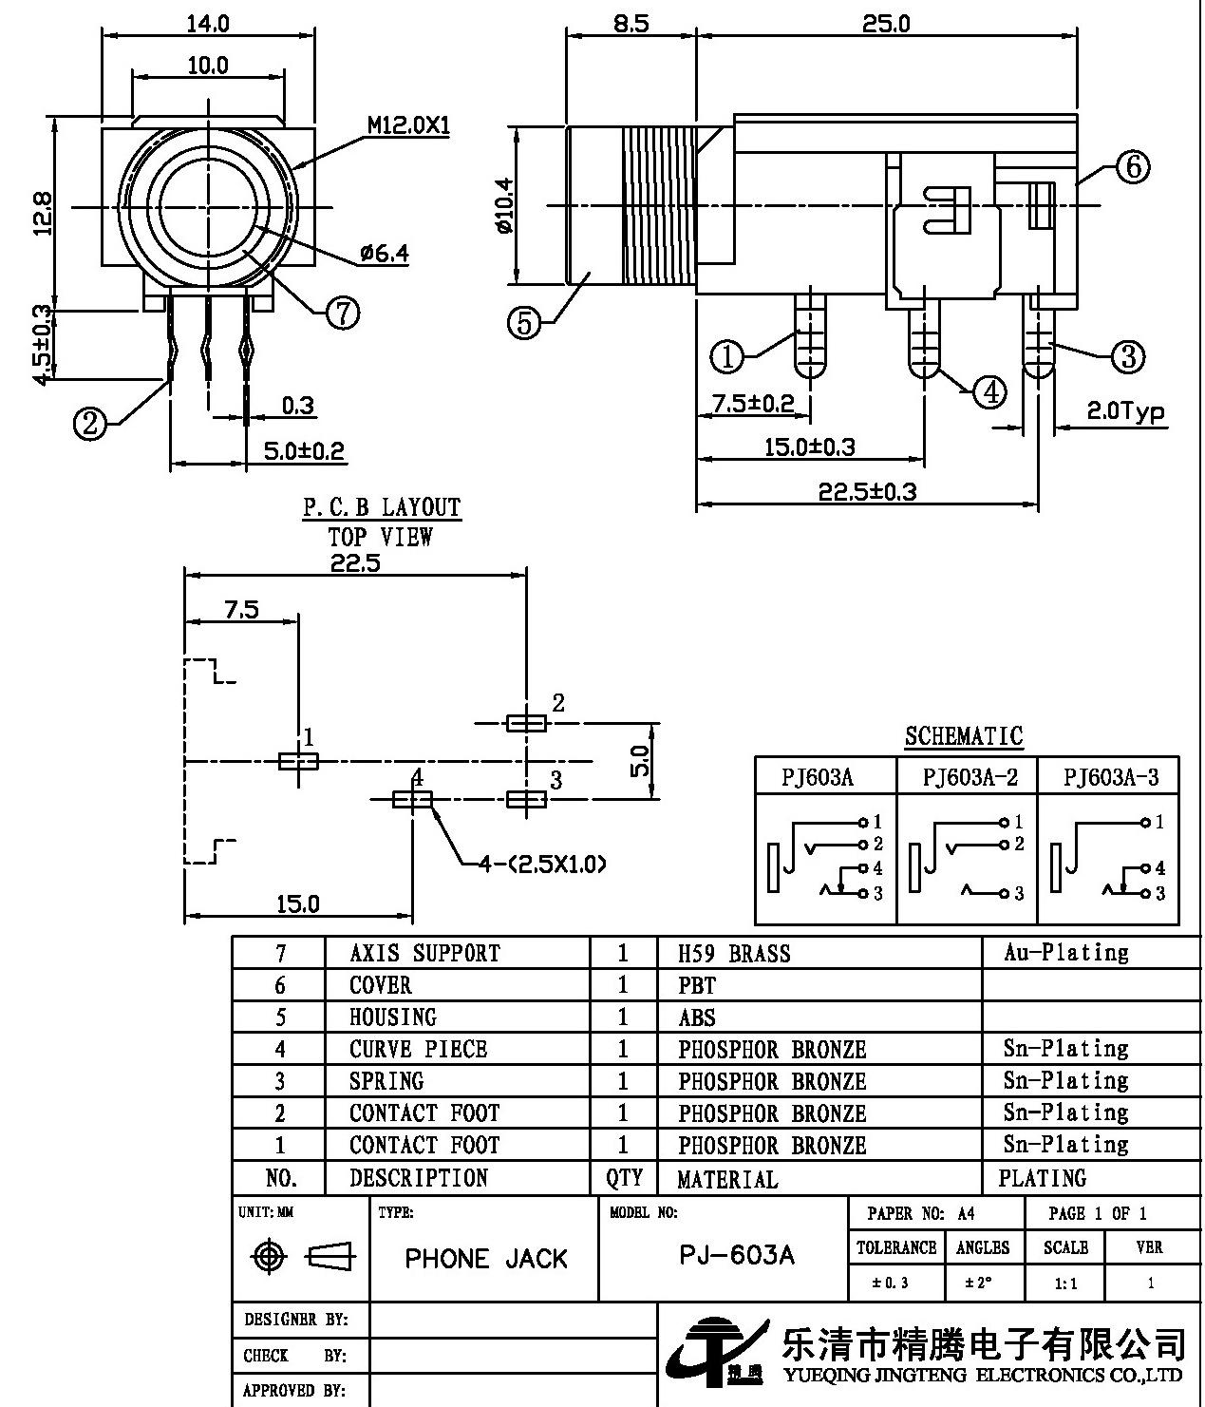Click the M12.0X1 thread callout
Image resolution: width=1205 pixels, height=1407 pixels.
(x=408, y=126)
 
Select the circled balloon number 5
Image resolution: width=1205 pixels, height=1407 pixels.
(x=524, y=323)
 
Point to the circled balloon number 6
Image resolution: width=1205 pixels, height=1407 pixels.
(x=1132, y=168)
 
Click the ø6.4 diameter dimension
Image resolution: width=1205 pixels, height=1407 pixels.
(x=384, y=254)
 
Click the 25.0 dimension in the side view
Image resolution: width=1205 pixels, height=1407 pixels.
(x=885, y=23)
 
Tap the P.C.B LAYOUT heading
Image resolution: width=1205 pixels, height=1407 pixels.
(x=382, y=508)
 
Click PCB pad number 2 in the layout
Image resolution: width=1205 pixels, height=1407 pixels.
(x=526, y=724)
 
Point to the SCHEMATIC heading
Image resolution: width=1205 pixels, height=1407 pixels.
(x=963, y=736)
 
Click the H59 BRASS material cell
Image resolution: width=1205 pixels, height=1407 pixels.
(x=734, y=954)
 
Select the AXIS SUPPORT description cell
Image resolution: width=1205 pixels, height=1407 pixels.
(x=424, y=954)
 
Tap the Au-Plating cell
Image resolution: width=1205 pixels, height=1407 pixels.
(x=1065, y=953)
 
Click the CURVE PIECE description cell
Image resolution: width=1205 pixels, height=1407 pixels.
(x=418, y=1050)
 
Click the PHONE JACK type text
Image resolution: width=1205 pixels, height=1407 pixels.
(x=485, y=1259)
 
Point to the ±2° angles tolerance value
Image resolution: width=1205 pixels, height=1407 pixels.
(x=979, y=1283)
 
